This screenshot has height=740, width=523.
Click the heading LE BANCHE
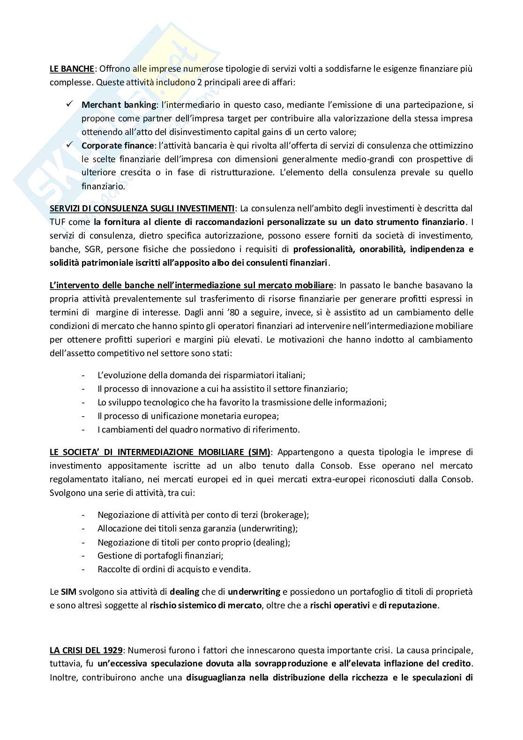pos(72,69)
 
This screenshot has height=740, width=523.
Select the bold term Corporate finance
pos(117,145)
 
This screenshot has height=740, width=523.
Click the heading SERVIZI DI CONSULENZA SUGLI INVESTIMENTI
pos(142,208)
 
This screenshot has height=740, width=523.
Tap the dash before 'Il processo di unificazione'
pos(83,416)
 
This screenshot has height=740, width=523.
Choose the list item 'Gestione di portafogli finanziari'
pos(160,555)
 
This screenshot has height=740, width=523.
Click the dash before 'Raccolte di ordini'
pos(83,569)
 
